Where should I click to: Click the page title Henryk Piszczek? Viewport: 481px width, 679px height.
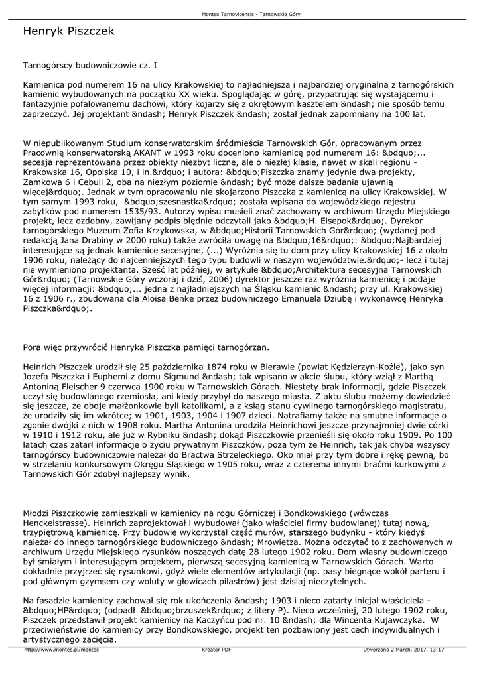click(x=68, y=31)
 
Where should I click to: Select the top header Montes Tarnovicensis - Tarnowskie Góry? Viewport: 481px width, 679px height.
click(x=240, y=15)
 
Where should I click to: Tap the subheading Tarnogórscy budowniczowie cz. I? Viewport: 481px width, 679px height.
click(x=90, y=66)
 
